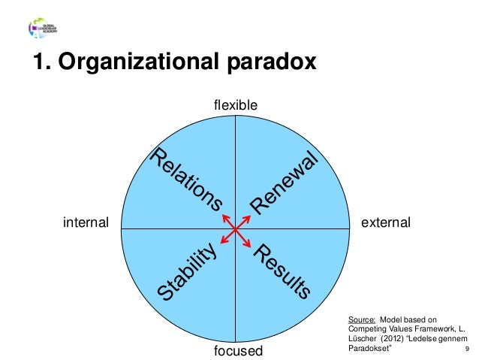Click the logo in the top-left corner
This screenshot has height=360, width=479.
point(44,29)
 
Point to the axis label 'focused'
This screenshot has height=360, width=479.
point(236,352)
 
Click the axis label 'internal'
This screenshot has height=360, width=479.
point(86,223)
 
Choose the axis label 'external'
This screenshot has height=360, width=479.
point(386,223)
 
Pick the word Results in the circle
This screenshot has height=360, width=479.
point(282,271)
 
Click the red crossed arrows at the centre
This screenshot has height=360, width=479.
point(236,229)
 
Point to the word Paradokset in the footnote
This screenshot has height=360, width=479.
point(371,348)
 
